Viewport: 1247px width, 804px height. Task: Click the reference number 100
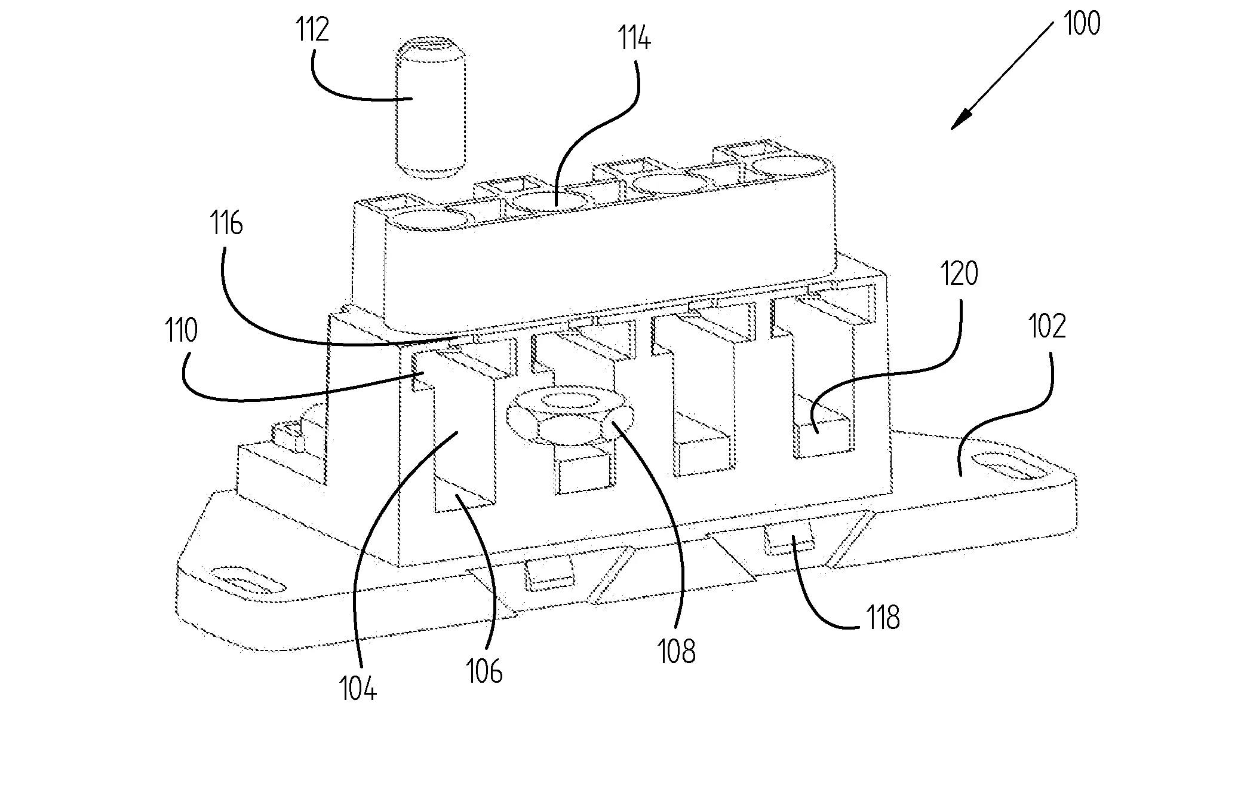1081,24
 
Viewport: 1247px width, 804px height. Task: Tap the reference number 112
312,30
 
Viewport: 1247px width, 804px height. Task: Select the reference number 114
634,38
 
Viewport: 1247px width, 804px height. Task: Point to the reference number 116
226,224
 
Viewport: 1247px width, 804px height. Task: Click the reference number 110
182,330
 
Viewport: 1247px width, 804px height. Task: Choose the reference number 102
1047,327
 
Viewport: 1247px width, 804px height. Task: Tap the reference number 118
883,618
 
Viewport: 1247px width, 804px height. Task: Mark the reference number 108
677,651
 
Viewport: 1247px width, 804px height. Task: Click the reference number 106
484,671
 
